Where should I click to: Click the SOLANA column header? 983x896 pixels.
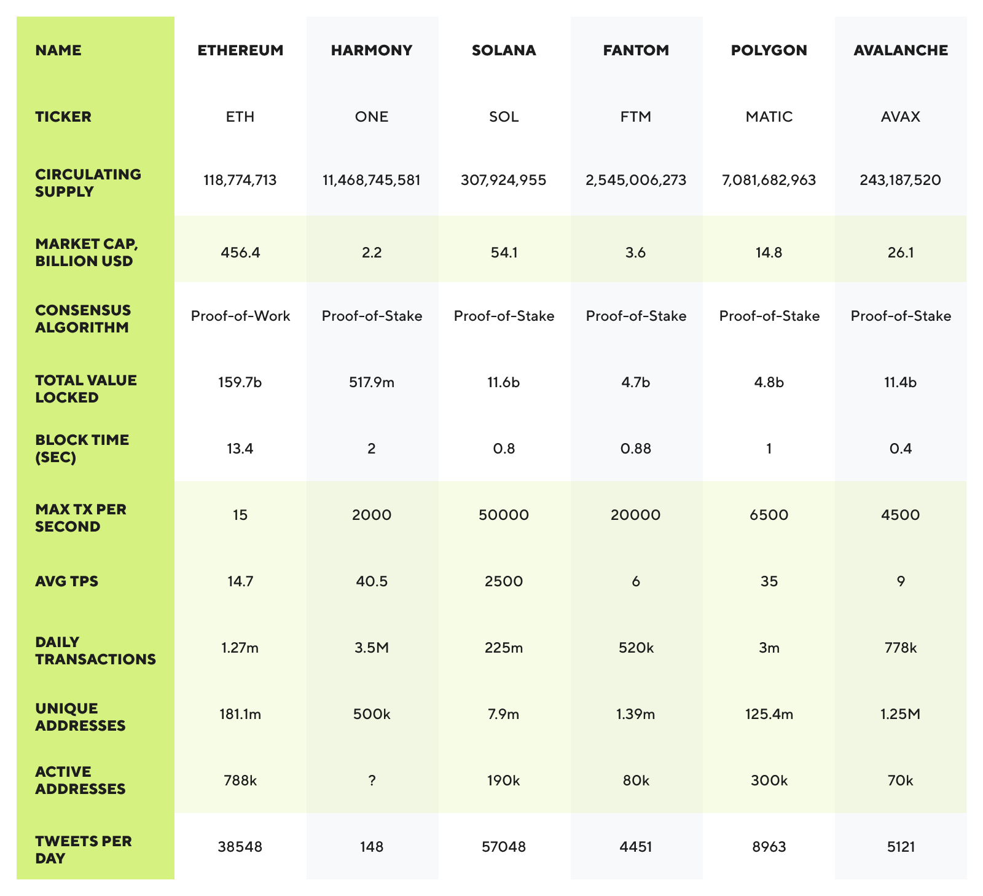click(x=504, y=50)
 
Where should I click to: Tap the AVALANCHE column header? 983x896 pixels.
click(x=900, y=50)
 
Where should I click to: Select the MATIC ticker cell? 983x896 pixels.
click(x=769, y=117)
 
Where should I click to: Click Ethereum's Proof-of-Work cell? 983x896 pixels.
click(x=240, y=316)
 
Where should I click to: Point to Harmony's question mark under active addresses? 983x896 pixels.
click(x=372, y=780)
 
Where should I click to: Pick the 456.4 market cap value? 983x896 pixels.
click(x=240, y=252)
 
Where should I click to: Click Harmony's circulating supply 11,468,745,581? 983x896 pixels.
click(x=372, y=180)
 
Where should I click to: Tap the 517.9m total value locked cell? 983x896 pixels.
click(x=372, y=382)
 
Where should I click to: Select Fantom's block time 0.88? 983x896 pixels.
click(x=636, y=449)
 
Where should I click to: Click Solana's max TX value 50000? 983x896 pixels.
click(x=504, y=515)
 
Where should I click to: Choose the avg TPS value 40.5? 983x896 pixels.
click(x=372, y=581)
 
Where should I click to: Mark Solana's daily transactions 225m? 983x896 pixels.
click(x=504, y=648)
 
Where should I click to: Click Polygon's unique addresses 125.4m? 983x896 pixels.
click(x=769, y=714)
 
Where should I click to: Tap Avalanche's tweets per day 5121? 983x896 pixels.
click(x=900, y=847)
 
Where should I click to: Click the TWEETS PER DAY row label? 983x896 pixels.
click(x=84, y=849)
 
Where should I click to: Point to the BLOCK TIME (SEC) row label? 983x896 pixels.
click(x=82, y=449)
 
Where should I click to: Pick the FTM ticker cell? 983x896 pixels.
click(x=636, y=117)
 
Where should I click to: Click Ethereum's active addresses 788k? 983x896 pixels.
click(x=240, y=780)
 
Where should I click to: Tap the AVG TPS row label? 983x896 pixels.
click(x=66, y=581)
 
